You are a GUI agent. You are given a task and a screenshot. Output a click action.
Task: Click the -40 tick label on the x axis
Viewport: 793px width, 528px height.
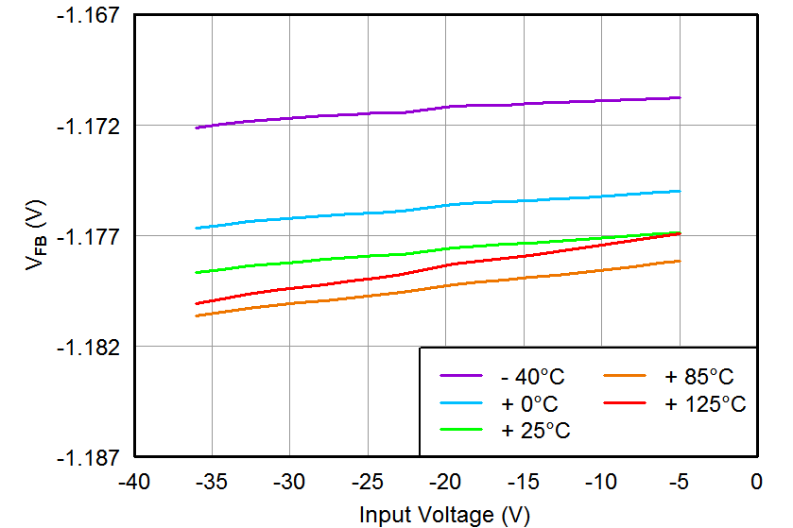pyautogui.click(x=133, y=483)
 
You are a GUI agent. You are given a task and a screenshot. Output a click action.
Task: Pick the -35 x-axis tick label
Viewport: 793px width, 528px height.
pyautogui.click(x=211, y=483)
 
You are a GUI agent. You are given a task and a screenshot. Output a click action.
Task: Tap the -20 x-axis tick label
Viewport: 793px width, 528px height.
pyautogui.click(x=444, y=483)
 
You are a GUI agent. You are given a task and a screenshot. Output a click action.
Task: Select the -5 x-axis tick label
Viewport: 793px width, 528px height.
pyautogui.click(x=678, y=483)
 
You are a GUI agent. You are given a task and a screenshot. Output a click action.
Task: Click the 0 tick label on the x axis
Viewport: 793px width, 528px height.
pyautogui.click(x=755, y=483)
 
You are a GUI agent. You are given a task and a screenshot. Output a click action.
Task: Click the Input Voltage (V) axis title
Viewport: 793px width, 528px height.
pyautogui.click(x=444, y=515)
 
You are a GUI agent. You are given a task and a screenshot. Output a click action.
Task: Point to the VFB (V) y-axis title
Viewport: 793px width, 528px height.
pyautogui.click(x=36, y=236)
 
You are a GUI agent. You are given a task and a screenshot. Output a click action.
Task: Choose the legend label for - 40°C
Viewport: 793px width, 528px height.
pyautogui.click(x=532, y=377)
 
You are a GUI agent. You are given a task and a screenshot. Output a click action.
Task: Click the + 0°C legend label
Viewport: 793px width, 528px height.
pyautogui.click(x=529, y=404)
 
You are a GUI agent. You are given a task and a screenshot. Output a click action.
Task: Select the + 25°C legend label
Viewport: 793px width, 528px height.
pyautogui.click(x=535, y=431)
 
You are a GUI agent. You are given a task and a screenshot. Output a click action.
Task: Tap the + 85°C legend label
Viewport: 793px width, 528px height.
pyautogui.click(x=698, y=377)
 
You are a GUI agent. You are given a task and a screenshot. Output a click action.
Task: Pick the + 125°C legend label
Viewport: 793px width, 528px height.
pyautogui.click(x=704, y=404)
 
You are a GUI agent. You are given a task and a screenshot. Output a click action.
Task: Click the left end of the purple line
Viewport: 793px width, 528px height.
pyautogui.click(x=196, y=128)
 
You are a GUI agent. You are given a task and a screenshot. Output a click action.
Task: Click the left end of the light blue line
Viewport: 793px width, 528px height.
pyautogui.click(x=196, y=228)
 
